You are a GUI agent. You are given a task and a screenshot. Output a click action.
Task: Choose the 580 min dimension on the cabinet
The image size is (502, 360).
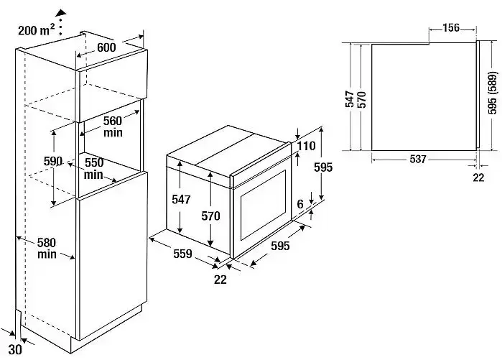pos(47,248)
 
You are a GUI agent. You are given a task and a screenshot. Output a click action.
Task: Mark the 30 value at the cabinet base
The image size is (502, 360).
pos(14,351)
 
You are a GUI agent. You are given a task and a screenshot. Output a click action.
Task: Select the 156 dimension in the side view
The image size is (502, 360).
pos(451,28)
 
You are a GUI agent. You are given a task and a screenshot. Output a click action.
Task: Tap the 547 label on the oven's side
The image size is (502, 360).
pos(182,200)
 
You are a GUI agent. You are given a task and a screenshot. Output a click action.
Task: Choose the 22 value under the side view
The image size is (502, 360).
pos(478,177)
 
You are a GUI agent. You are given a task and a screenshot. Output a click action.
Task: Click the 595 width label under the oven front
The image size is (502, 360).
pos(280,246)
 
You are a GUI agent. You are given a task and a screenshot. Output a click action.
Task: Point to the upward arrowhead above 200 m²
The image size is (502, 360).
pos(62,11)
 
